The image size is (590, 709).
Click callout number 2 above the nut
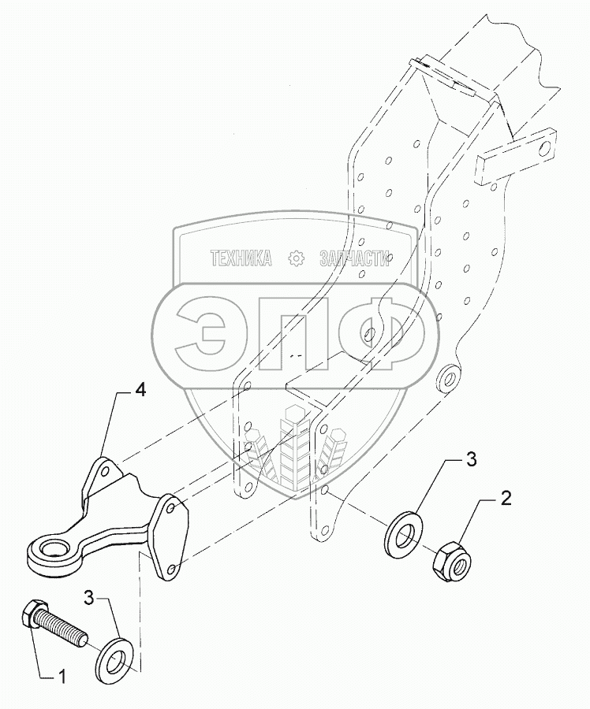(x=506, y=498)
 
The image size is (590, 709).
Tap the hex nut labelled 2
(x=449, y=559)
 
